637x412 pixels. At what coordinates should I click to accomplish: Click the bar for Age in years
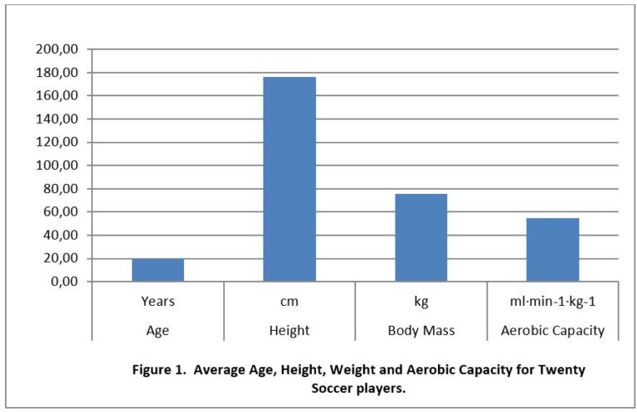pos(158,270)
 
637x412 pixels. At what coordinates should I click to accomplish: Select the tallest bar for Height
pos(289,179)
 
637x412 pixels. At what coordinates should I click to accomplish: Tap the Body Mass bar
pos(421,238)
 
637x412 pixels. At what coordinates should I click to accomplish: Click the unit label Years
pos(158,303)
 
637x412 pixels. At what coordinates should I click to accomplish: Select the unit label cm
pos(289,303)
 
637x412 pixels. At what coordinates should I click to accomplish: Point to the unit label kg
pos(421,303)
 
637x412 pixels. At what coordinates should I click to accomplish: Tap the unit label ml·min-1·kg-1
pos(552,303)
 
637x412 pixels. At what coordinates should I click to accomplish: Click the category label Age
pos(158,330)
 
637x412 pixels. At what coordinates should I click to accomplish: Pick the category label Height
pos(289,330)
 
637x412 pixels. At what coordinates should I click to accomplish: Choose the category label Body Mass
pos(421,330)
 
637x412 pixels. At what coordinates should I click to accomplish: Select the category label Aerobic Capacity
pos(552,330)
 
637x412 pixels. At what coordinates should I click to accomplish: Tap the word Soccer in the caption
pos(336,389)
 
